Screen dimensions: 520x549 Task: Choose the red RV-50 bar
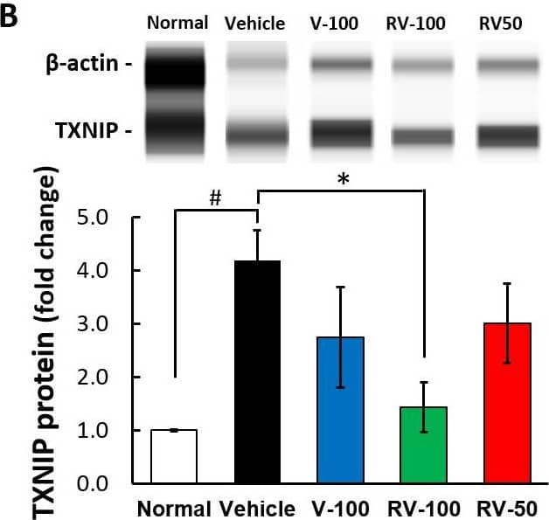pos(506,402)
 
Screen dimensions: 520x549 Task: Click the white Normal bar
pos(175,455)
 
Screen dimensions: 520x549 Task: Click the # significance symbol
pos(215,199)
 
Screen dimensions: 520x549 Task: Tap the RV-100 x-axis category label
pos(423,508)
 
